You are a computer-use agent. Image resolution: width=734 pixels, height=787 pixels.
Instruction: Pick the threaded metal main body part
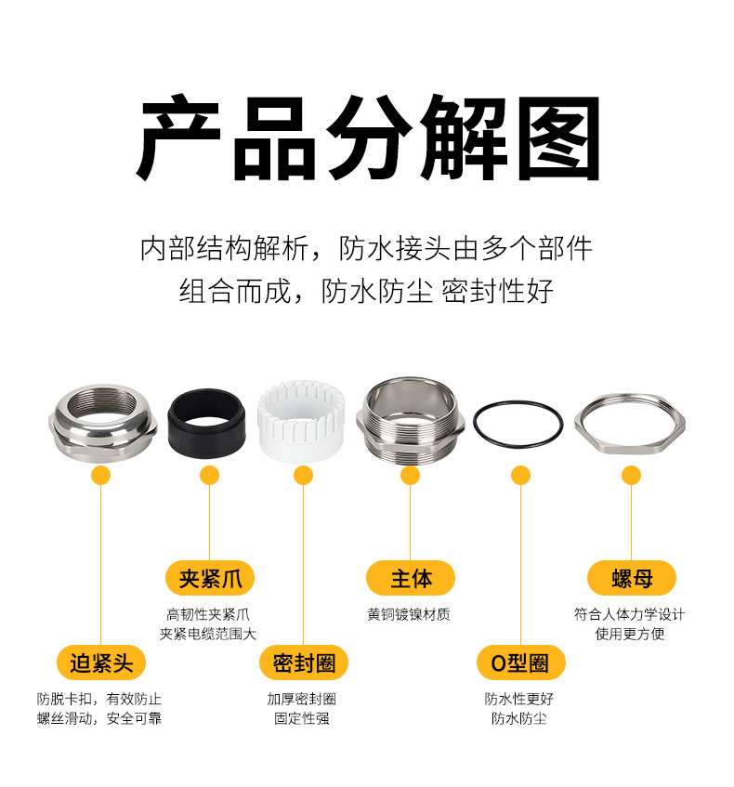pyautogui.click(x=409, y=420)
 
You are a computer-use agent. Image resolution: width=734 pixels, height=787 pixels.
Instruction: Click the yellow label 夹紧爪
pyautogui.click(x=210, y=579)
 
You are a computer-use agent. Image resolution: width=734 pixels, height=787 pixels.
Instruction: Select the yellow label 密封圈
pyautogui.click(x=303, y=662)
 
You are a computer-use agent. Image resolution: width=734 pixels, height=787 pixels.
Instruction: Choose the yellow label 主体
pyautogui.click(x=411, y=579)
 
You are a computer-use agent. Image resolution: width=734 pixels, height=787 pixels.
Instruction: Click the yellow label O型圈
pyautogui.click(x=520, y=662)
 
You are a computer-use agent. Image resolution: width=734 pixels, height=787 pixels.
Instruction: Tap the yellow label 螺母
pyautogui.click(x=632, y=579)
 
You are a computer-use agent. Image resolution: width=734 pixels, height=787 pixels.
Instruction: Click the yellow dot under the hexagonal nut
pyautogui.click(x=632, y=476)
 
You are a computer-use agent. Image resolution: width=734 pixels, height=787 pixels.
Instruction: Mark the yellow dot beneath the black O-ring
pyautogui.click(x=520, y=476)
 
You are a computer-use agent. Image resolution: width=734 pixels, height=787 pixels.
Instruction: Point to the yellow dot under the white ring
pyautogui.click(x=303, y=476)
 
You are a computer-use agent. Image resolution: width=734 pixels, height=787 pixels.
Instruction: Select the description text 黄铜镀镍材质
pyautogui.click(x=409, y=614)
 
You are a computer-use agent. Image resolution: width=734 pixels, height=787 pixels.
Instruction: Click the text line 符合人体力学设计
pyautogui.click(x=630, y=614)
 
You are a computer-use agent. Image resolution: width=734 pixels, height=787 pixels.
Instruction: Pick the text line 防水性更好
pyautogui.click(x=518, y=699)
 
